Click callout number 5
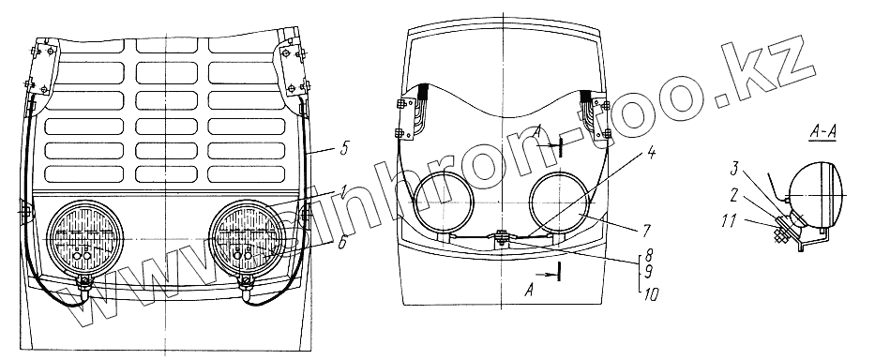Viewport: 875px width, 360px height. (x=343, y=150)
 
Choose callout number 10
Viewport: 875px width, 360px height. (x=650, y=294)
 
